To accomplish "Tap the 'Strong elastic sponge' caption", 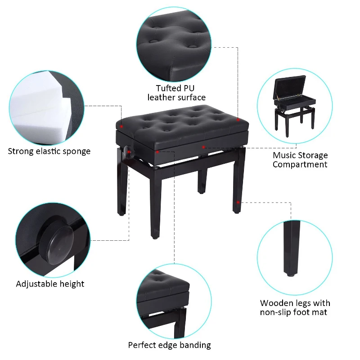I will [x=49, y=151].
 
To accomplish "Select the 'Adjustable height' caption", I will [x=50, y=284].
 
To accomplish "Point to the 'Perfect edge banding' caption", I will [x=169, y=345].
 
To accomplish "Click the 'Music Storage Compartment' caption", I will [x=300, y=160].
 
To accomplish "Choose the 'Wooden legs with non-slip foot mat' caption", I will [x=295, y=307].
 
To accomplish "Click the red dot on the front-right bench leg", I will [x=238, y=202].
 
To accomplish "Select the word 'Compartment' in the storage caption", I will [x=300, y=164].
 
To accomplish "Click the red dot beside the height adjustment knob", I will [x=130, y=153].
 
